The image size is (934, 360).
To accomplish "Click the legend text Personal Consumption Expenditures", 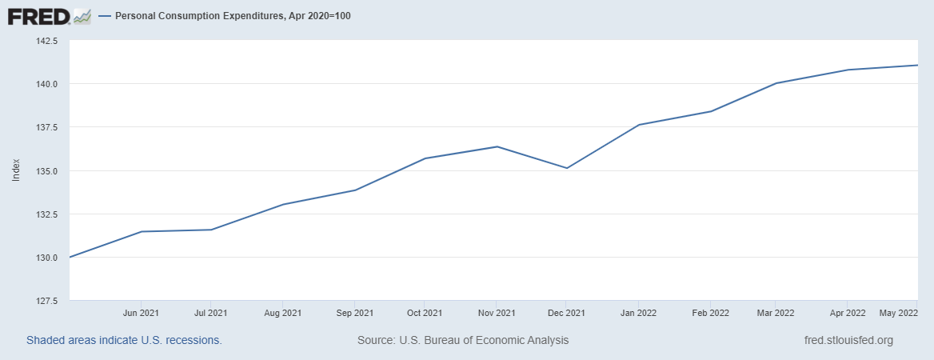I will click(233, 16).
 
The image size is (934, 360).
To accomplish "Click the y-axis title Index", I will click(16, 170).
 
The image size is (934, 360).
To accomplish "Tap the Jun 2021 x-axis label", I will click(142, 313).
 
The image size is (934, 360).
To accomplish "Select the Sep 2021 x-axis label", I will click(354, 313).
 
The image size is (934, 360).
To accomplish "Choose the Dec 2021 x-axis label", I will click(566, 313).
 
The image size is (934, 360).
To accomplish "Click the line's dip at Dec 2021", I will click(567, 168).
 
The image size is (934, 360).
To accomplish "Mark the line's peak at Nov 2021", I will click(497, 146).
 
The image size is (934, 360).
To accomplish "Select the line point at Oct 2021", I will click(425, 158).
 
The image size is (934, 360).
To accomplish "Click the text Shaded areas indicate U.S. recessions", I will click(124, 340).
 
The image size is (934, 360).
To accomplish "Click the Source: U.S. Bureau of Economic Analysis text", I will click(463, 340).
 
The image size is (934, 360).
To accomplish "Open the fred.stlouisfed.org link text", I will click(848, 340).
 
